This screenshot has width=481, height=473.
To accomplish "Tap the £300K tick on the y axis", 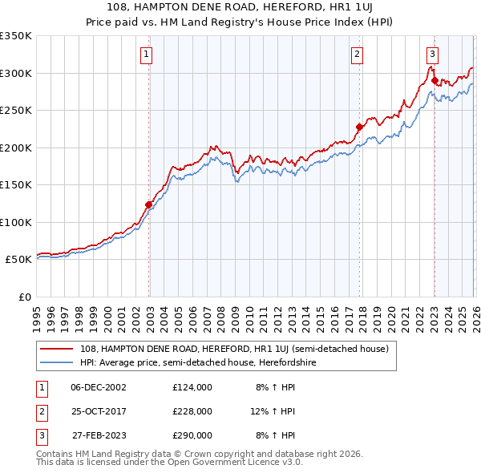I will click(x=16, y=73).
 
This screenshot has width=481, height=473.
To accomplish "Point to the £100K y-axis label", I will click(x=16, y=222).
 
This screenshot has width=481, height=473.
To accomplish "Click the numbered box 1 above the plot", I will click(x=148, y=55).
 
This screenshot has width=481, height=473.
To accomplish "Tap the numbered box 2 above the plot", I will click(x=357, y=55).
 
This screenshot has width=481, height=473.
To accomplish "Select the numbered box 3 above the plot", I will click(x=432, y=55).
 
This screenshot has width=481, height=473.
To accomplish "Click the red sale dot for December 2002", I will click(x=149, y=204).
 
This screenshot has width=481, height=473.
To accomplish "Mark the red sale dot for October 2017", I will click(x=359, y=127).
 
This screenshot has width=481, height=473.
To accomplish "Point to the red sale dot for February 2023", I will click(x=435, y=80).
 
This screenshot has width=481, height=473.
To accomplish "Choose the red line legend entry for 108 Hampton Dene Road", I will click(x=234, y=349).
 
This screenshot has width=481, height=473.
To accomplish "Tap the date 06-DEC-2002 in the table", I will click(x=99, y=386).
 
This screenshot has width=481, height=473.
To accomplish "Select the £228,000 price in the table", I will click(x=192, y=411).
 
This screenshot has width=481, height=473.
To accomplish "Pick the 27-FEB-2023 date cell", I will click(x=99, y=436).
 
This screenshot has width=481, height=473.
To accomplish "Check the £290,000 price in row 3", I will click(x=192, y=436).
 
